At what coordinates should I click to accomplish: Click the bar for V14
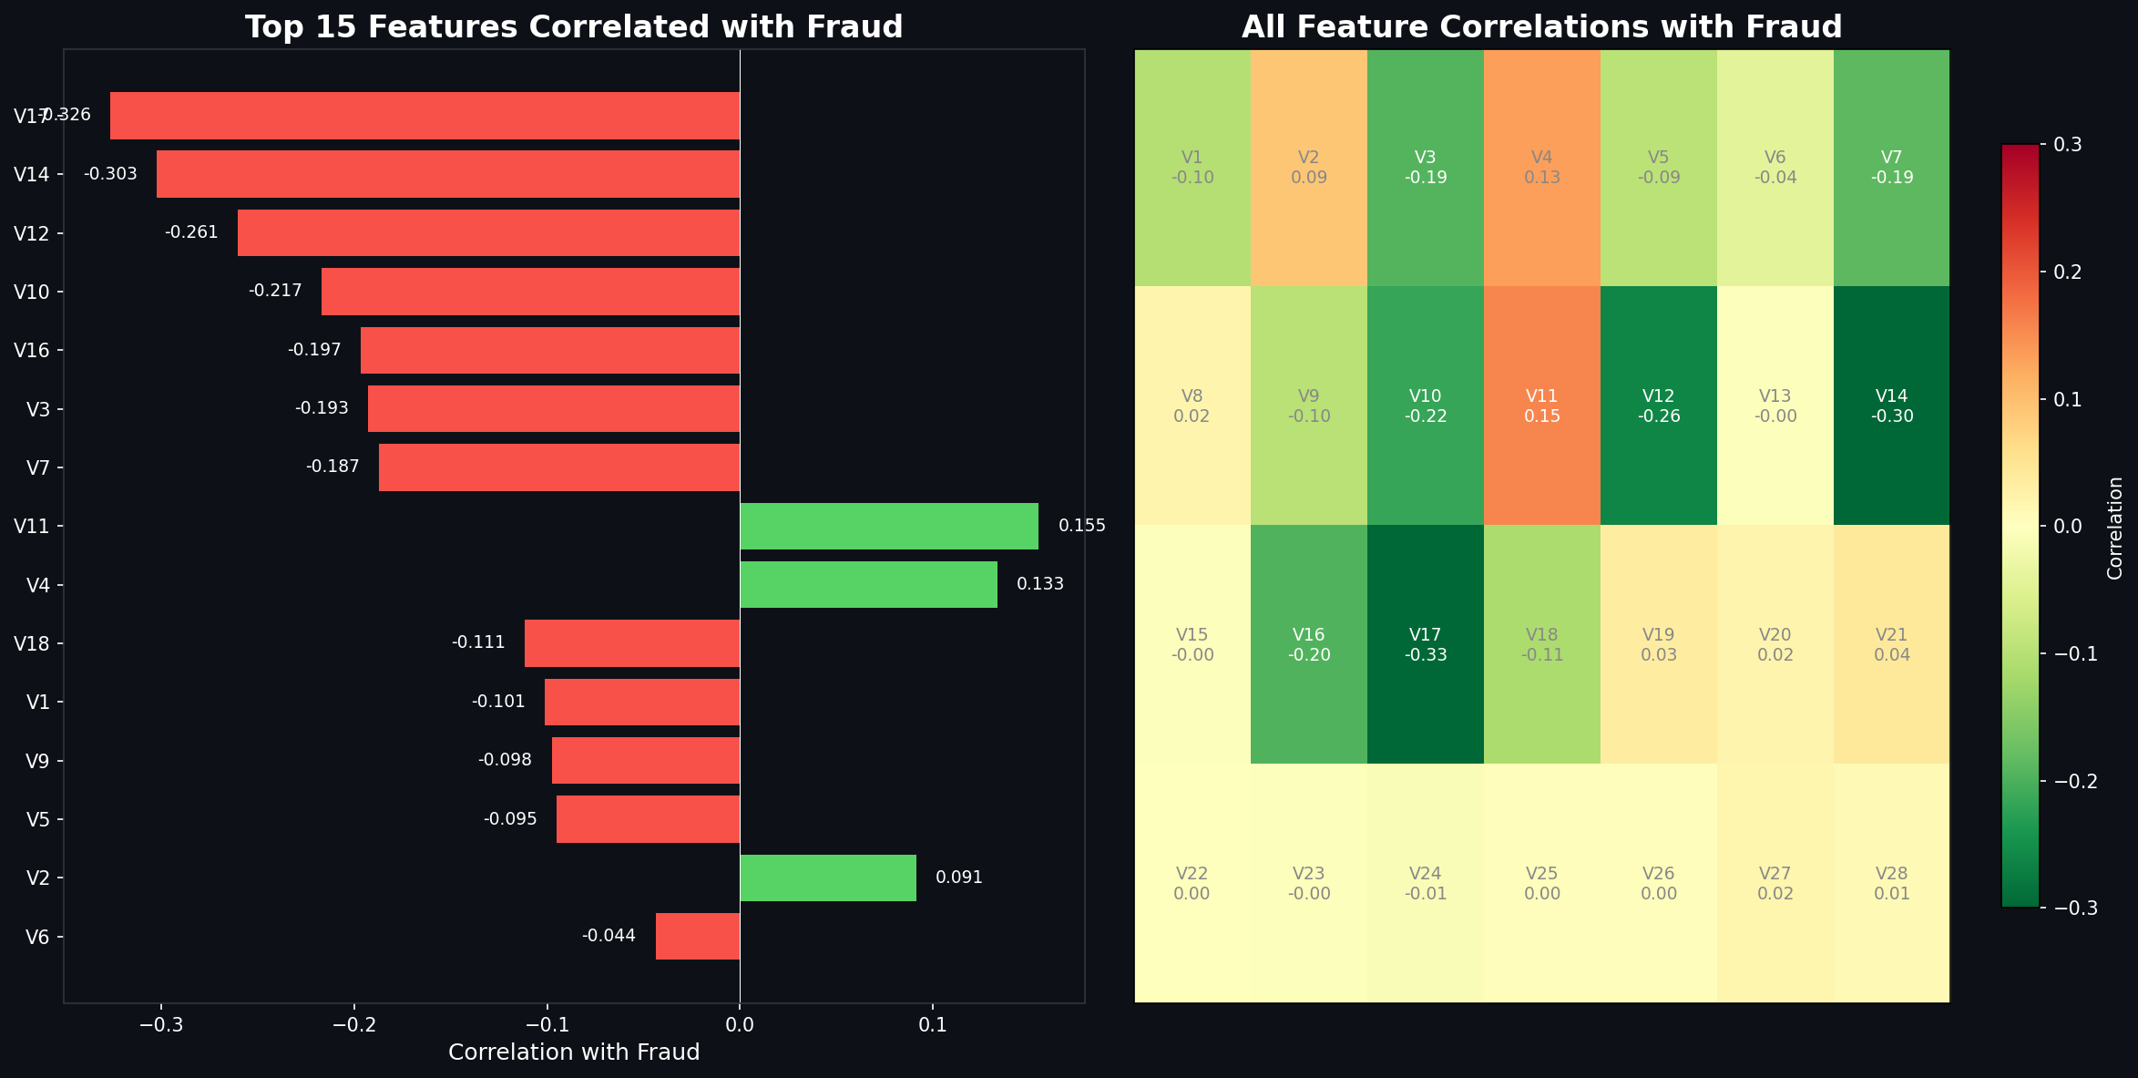point(448,174)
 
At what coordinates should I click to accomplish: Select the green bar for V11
point(889,526)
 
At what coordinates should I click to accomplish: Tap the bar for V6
point(698,936)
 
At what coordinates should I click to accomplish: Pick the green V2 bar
point(828,878)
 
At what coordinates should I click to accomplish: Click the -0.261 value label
point(191,232)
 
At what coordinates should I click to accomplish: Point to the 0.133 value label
point(1039,584)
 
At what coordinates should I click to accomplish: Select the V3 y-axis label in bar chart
point(37,409)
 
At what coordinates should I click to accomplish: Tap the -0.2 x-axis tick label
point(353,1025)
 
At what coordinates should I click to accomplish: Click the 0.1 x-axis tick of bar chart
point(932,1025)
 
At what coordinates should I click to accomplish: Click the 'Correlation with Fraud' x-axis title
point(574,1052)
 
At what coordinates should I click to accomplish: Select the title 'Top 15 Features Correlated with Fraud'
point(574,26)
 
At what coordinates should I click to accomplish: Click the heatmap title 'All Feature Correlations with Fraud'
point(1541,26)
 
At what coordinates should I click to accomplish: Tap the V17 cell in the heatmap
point(1425,644)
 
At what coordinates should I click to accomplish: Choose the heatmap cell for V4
point(1541,168)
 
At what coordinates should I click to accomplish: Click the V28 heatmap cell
point(1891,883)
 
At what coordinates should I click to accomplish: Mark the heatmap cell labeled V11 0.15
point(1541,406)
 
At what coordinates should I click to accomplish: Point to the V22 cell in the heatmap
point(1192,883)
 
